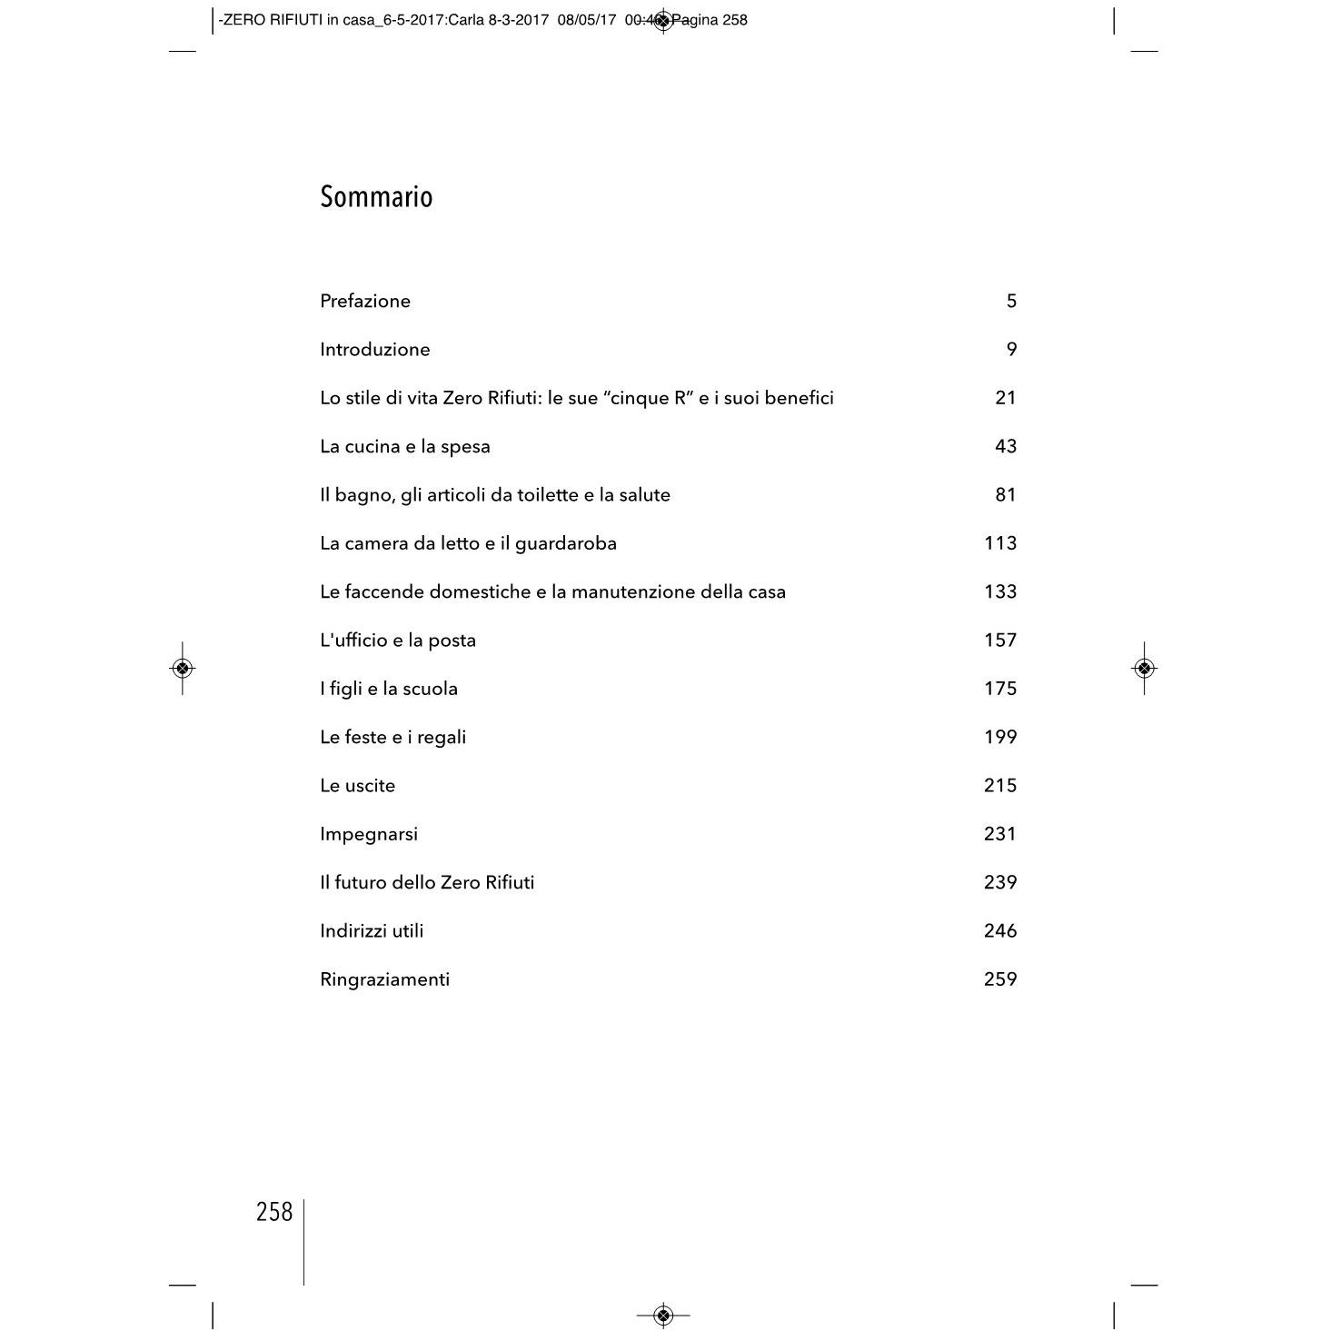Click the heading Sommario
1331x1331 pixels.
pyautogui.click(x=376, y=197)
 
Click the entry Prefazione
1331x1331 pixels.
pyautogui.click(x=365, y=301)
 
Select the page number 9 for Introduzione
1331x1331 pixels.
pyautogui.click(x=1011, y=349)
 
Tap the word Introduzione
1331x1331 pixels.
pyautogui.click(x=375, y=349)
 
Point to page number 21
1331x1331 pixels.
pyautogui.click(x=1005, y=398)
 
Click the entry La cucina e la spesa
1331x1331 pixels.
pyautogui.click(x=405, y=446)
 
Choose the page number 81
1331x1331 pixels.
pyautogui.click(x=1005, y=495)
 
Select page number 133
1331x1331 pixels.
pyautogui.click(x=999, y=591)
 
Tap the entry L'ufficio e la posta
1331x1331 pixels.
pyautogui.click(x=398, y=641)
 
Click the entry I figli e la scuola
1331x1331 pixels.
pyautogui.click(x=389, y=689)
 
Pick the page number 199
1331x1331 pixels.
pyautogui.click(x=999, y=737)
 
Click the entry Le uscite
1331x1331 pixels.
pyautogui.click(x=358, y=786)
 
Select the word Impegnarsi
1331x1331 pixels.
pyautogui.click(x=369, y=834)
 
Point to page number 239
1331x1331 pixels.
pyautogui.click(x=999, y=882)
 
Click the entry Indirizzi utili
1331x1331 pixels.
pyautogui.click(x=372, y=931)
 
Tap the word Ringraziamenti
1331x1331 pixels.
pyautogui.click(x=385, y=979)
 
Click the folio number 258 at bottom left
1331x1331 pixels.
pyautogui.click(x=274, y=1212)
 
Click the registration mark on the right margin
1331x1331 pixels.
pyautogui.click(x=1144, y=669)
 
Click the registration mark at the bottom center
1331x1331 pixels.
pyautogui.click(x=663, y=1315)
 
